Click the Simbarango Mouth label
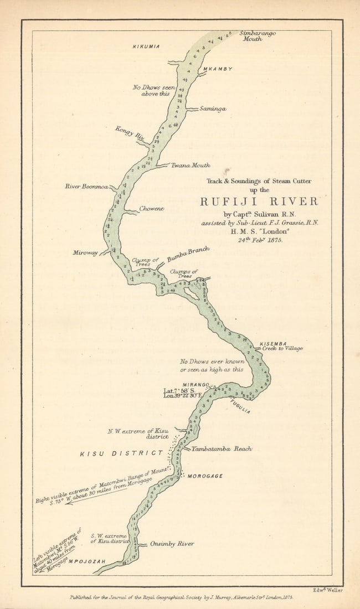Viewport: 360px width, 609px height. point(257,36)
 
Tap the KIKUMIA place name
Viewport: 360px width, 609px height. point(146,47)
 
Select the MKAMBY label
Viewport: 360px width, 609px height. point(217,69)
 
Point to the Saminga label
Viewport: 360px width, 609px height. point(213,109)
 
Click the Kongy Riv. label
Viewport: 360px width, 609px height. point(130,133)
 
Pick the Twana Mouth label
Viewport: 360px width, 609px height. point(190,165)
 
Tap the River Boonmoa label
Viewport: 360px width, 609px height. point(86,186)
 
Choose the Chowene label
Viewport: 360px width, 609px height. point(151,209)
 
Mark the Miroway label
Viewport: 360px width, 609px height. point(85,252)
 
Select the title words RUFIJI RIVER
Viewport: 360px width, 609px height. point(259,202)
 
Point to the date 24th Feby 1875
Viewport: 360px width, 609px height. point(260,240)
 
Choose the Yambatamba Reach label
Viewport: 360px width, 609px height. point(222,448)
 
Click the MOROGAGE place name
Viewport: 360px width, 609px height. point(205,476)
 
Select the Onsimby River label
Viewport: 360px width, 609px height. point(172,544)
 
